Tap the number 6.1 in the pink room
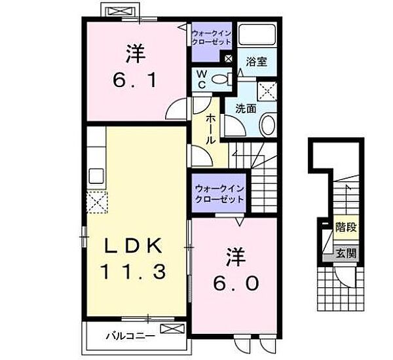(x=136, y=81)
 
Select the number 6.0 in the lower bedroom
(x=236, y=283)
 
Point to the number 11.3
(x=133, y=272)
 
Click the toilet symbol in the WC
(x=221, y=79)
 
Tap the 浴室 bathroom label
(x=256, y=62)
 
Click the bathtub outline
(x=257, y=35)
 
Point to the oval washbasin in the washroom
(x=268, y=125)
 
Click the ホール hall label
(x=210, y=129)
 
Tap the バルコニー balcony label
(x=130, y=336)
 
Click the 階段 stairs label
(x=346, y=227)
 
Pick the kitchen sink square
(x=96, y=176)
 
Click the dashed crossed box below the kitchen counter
(x=97, y=202)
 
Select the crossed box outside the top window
(x=120, y=12)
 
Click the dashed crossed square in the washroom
(x=267, y=91)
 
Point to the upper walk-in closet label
(x=211, y=37)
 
